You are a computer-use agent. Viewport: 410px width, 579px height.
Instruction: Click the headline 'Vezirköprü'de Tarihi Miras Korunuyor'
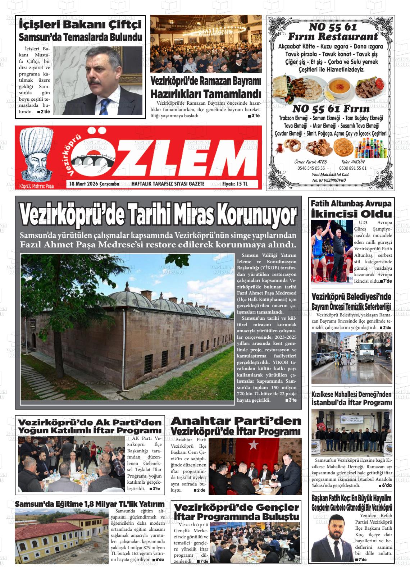click(158, 215)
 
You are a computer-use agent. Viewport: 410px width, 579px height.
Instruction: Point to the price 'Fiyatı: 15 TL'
click(235, 184)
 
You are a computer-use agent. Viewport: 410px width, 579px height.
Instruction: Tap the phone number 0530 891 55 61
click(352, 168)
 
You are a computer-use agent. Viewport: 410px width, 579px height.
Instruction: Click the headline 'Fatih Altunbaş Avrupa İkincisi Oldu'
click(351, 209)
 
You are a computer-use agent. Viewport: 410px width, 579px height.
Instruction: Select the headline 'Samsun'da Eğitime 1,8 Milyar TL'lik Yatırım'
click(90, 504)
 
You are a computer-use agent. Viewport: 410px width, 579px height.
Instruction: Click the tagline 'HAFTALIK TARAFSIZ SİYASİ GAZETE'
click(168, 184)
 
